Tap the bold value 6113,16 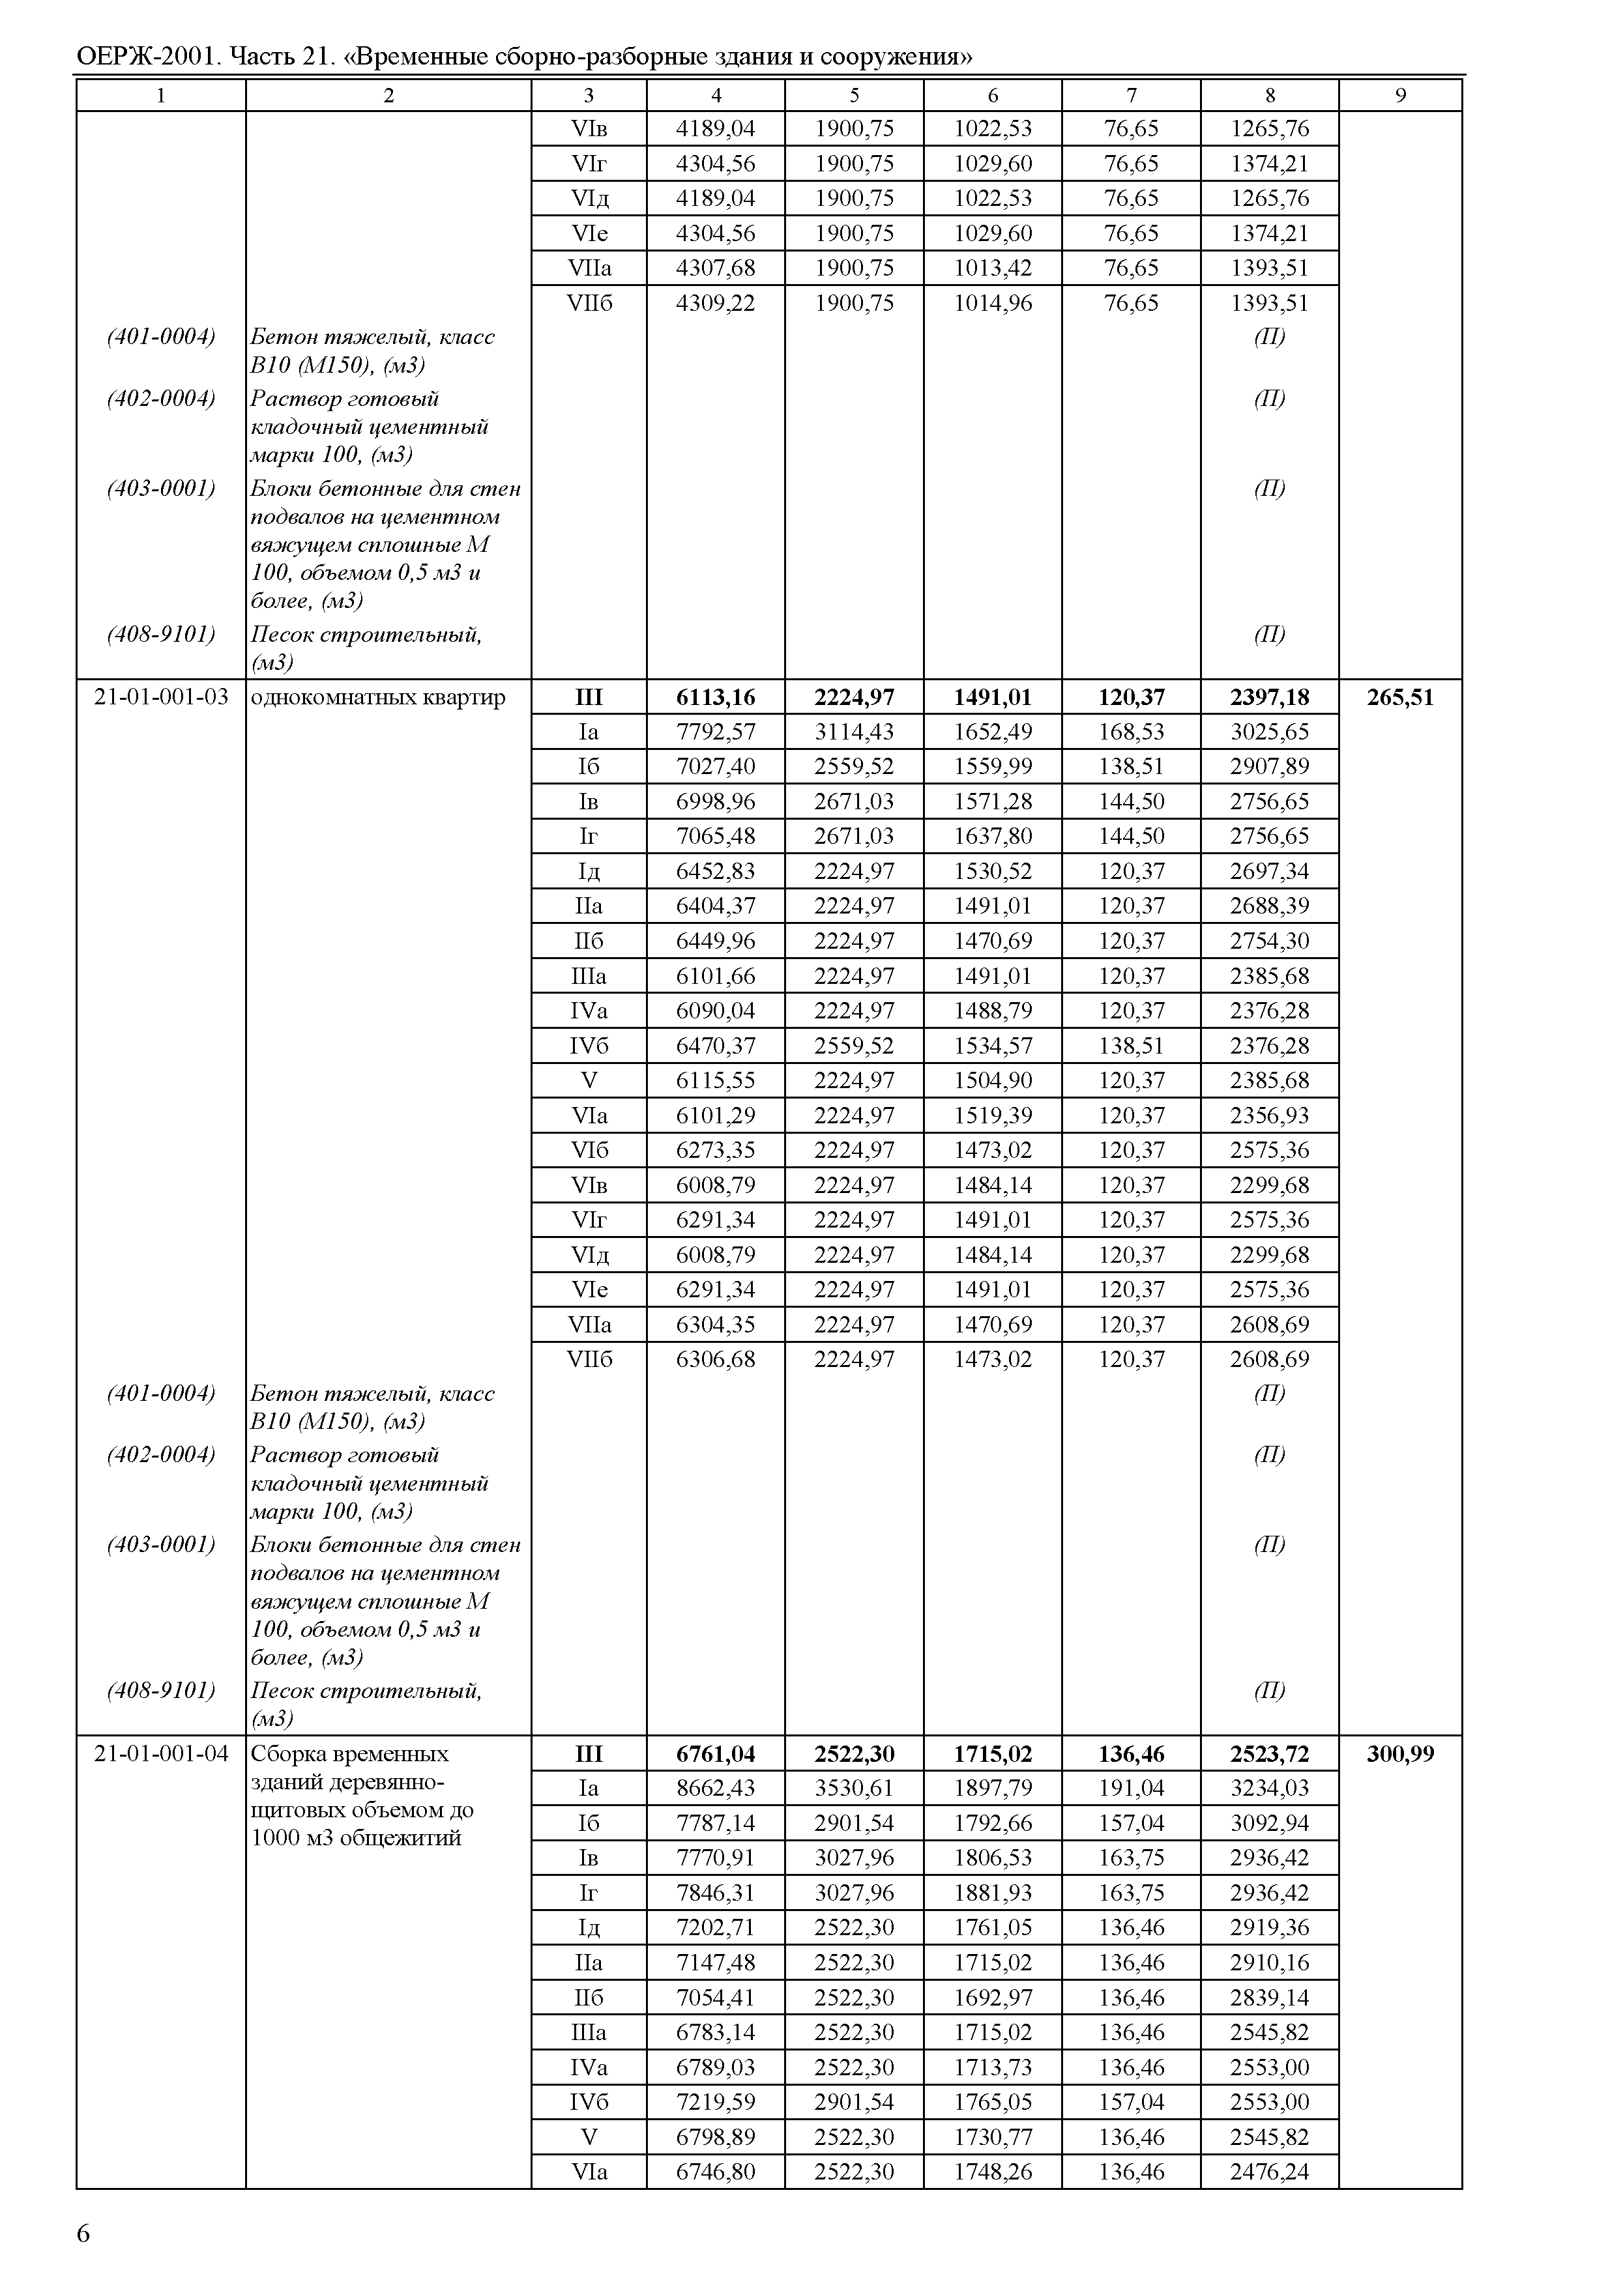pyautogui.click(x=716, y=697)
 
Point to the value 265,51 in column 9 pyautogui.click(x=1400, y=697)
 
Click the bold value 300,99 pyautogui.click(x=1400, y=1753)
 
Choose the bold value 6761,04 pyautogui.click(x=716, y=1753)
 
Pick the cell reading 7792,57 pyautogui.click(x=716, y=732)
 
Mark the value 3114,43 pyautogui.click(x=855, y=732)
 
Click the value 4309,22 pyautogui.click(x=716, y=303)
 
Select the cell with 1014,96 pyautogui.click(x=993, y=303)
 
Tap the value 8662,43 pyautogui.click(x=716, y=1789)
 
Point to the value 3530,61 pyautogui.click(x=855, y=1789)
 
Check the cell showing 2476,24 pyautogui.click(x=1269, y=2171)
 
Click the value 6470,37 pyautogui.click(x=716, y=1046)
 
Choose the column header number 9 pyautogui.click(x=1400, y=96)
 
